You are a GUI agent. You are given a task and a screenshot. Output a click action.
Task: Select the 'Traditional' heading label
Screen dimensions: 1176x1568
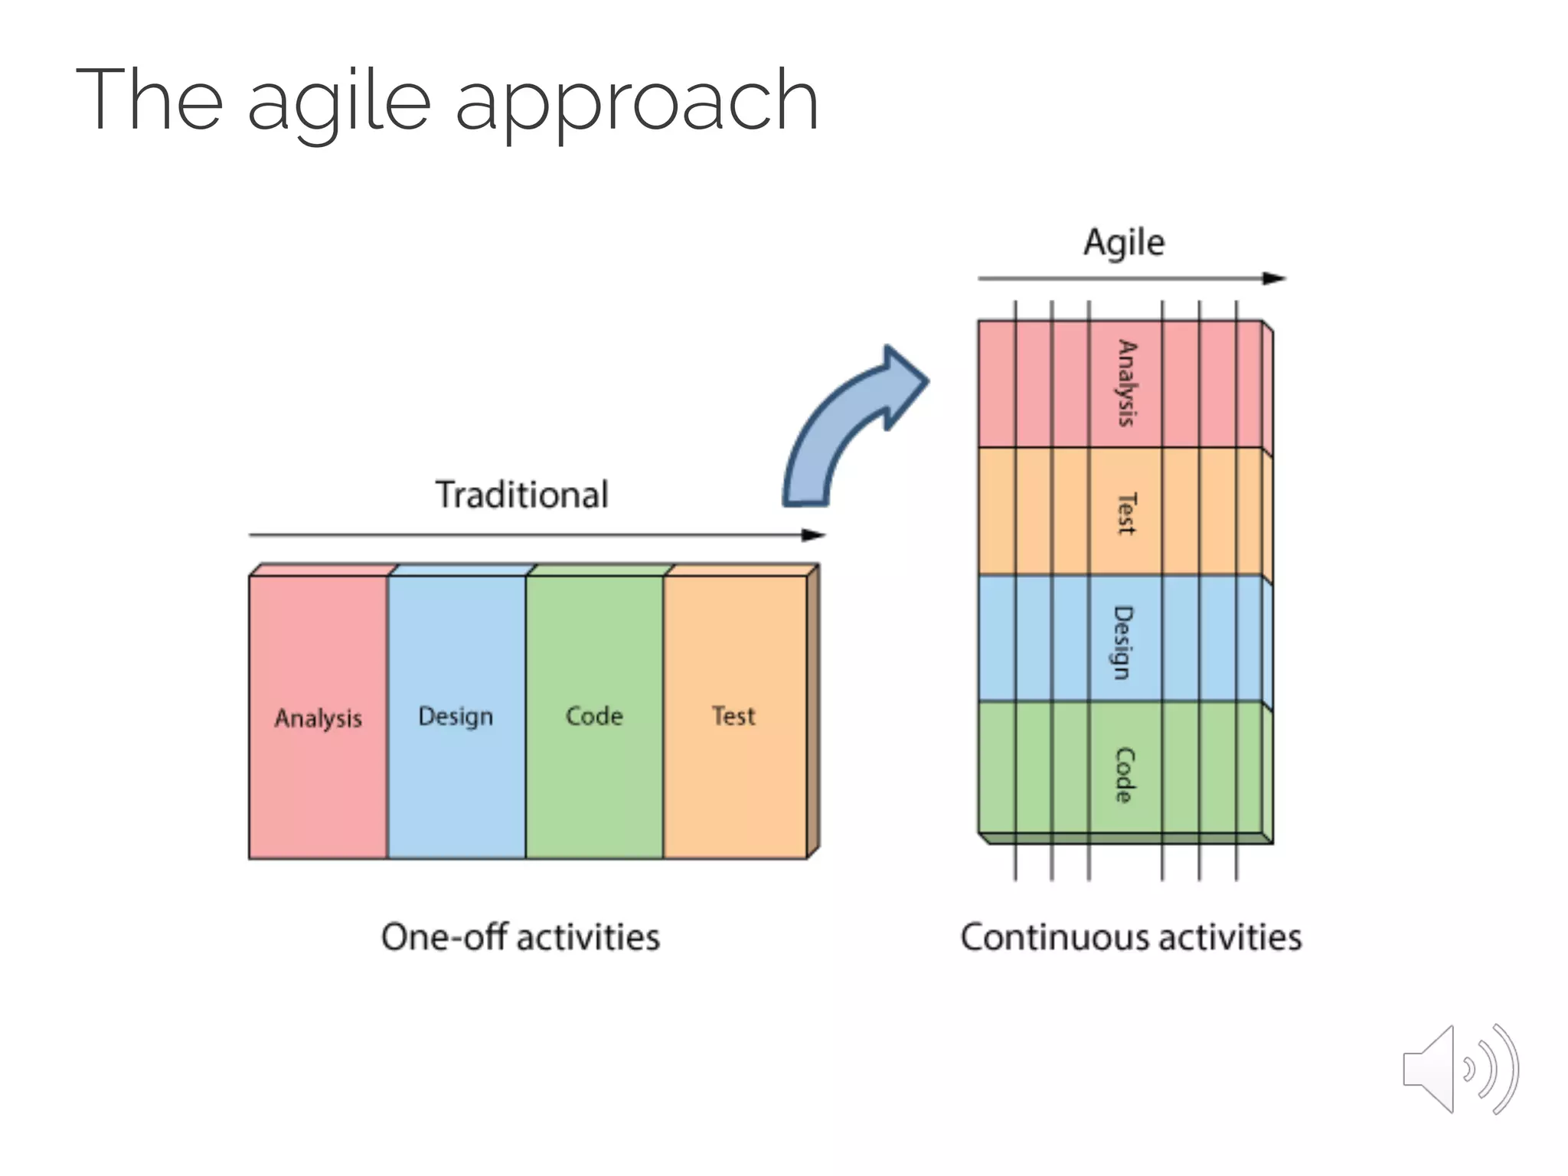pyautogui.click(x=522, y=495)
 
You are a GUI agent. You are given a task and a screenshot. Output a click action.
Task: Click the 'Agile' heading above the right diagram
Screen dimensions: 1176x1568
pyautogui.click(x=1124, y=243)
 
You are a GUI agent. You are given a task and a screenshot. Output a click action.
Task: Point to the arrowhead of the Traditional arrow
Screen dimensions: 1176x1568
pyautogui.click(x=815, y=535)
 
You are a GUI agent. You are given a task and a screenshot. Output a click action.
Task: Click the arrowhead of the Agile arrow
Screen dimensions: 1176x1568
pyautogui.click(x=1274, y=279)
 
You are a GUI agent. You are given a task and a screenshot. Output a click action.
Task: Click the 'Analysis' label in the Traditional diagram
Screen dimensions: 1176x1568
pyautogui.click(x=318, y=718)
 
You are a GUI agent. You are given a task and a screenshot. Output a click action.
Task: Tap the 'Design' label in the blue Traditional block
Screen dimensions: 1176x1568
pyautogui.click(x=456, y=717)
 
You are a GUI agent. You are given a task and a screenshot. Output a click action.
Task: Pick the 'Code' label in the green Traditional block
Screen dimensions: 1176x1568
pyautogui.click(x=594, y=717)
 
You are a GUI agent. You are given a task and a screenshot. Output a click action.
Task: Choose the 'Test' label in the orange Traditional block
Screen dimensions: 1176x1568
pyautogui.click(x=733, y=717)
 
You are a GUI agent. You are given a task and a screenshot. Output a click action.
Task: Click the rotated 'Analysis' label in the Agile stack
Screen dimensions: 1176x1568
pyautogui.click(x=1125, y=383)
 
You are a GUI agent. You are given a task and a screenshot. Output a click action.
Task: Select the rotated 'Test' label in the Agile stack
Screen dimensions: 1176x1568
pyautogui.click(x=1125, y=513)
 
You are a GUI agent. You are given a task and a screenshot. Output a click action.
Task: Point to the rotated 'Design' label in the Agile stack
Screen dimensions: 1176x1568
pyautogui.click(x=1123, y=642)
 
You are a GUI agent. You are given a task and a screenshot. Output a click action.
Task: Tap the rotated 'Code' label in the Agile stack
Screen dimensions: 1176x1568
pyautogui.click(x=1123, y=775)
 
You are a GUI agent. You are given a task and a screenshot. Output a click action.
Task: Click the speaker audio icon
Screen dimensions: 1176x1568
pyautogui.click(x=1459, y=1070)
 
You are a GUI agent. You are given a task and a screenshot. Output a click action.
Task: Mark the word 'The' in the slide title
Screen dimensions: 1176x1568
pyautogui.click(x=149, y=100)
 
